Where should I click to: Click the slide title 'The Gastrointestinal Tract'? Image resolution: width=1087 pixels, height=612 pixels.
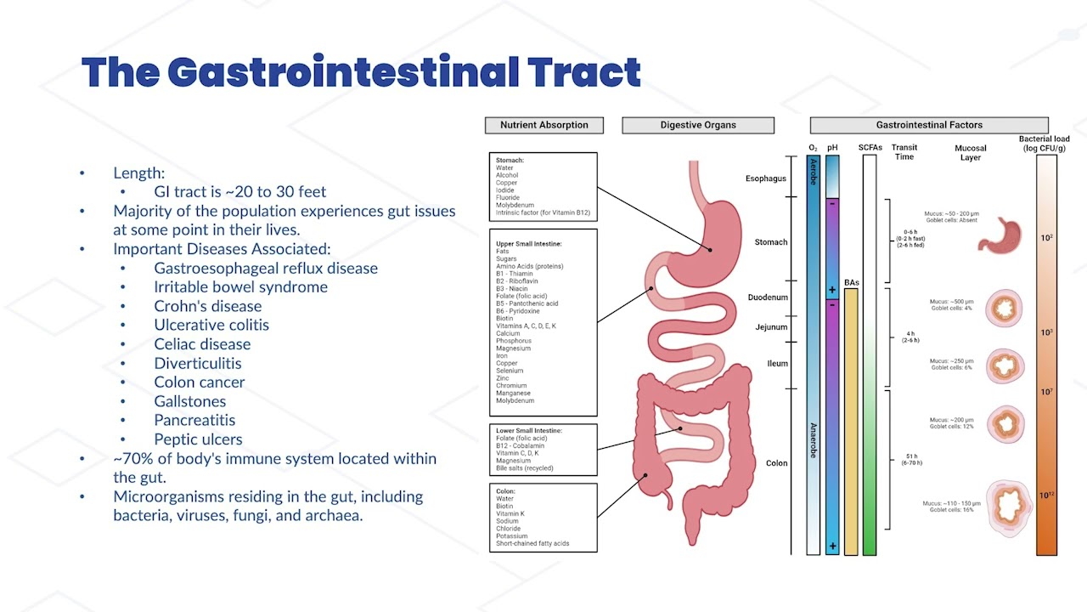tap(361, 73)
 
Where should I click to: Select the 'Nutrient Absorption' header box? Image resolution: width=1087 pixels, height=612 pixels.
tap(543, 125)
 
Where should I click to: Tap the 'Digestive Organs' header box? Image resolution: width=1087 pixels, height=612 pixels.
tap(698, 125)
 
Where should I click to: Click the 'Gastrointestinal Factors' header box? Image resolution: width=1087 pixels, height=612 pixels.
tap(929, 125)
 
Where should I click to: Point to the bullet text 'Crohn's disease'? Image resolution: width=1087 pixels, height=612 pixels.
tap(207, 306)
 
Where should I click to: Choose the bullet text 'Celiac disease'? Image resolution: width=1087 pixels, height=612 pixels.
tap(202, 344)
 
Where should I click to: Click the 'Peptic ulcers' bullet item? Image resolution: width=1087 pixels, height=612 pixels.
tap(198, 439)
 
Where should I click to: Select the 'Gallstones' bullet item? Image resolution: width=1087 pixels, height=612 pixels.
tap(189, 401)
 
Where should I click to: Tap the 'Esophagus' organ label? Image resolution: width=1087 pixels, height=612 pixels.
tap(765, 178)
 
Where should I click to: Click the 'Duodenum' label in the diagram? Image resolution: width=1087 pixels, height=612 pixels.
tap(767, 297)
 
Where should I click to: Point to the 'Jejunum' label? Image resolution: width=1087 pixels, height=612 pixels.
tap(771, 327)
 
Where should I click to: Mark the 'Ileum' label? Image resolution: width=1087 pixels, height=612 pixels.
tap(777, 364)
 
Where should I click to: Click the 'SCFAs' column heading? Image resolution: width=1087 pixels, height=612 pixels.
tap(870, 147)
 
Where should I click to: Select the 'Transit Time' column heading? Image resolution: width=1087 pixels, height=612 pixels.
tap(904, 152)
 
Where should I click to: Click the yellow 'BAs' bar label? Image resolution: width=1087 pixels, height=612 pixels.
tap(851, 282)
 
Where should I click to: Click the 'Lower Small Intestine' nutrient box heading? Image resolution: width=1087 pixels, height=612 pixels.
tap(529, 431)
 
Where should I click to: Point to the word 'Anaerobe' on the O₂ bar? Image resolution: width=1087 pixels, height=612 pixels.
tap(813, 440)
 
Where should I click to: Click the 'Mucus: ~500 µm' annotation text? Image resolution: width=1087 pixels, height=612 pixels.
tap(952, 302)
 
